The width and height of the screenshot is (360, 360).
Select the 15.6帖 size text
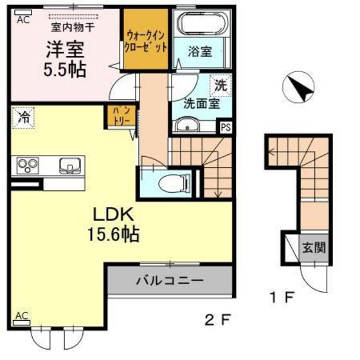114,233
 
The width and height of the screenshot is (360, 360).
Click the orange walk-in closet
147,40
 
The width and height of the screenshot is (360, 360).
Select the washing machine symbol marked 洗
220,85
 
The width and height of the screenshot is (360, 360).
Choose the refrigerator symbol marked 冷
22,118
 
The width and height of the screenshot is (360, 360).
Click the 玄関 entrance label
315,246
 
